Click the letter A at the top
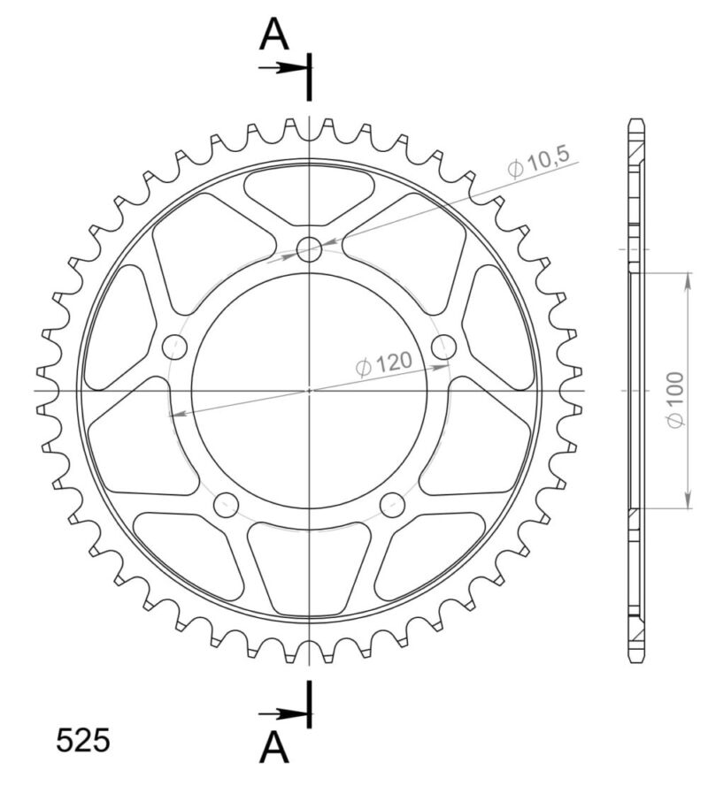[x=274, y=34]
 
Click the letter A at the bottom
[x=274, y=749]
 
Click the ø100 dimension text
[x=675, y=403]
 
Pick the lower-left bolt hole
[x=227, y=505]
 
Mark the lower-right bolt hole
[x=391, y=505]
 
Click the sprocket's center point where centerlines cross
[x=309, y=390]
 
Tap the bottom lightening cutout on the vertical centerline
[x=309, y=565]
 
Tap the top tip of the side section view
[x=636, y=119]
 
